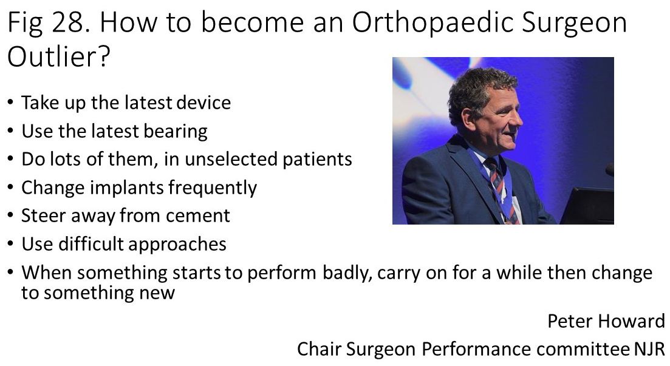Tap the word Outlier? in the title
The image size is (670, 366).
coord(59,56)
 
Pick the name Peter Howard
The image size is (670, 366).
coord(606,321)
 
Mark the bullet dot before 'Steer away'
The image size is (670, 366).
coord(11,215)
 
